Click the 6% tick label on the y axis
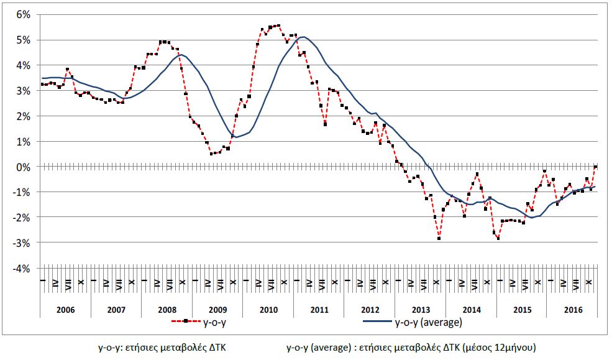pyautogui.click(x=22, y=14)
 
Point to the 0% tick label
pyautogui.click(x=22, y=167)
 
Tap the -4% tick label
pyautogui.click(x=21, y=268)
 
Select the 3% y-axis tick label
pyautogui.click(x=22, y=91)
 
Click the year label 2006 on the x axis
pyautogui.click(x=65, y=308)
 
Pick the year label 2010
pyautogui.click(x=268, y=308)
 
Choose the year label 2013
pyautogui.click(x=420, y=308)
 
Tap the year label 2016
pyautogui.click(x=572, y=308)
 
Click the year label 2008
pyautogui.click(x=167, y=308)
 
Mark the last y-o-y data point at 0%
pyautogui.click(x=595, y=167)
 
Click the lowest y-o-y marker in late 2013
pyautogui.click(x=439, y=238)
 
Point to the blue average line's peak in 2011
pyautogui.click(x=303, y=37)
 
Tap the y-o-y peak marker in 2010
pyautogui.click(x=278, y=25)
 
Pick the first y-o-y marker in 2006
pyautogui.click(x=42, y=84)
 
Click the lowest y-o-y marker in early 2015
pyautogui.click(x=498, y=238)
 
